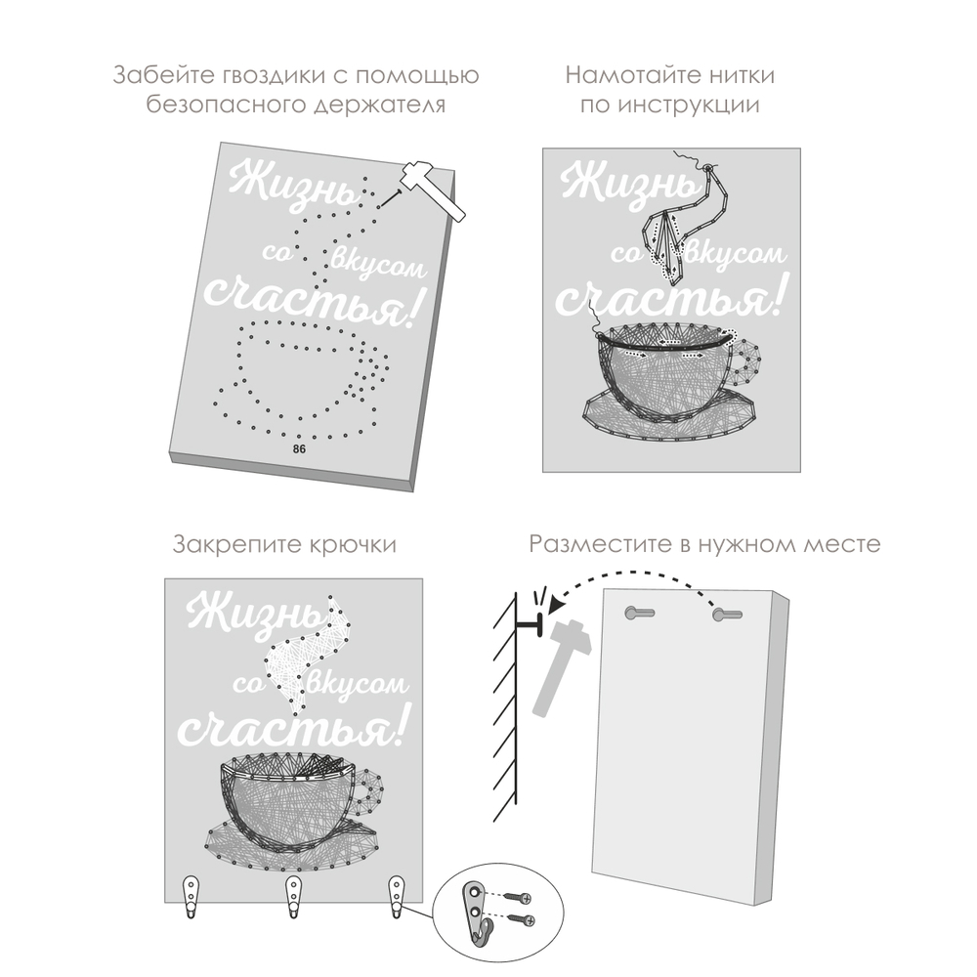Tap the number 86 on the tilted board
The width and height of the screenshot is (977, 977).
click(x=299, y=449)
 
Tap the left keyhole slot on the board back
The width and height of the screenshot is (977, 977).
click(x=639, y=614)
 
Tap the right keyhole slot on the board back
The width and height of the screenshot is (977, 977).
click(x=727, y=615)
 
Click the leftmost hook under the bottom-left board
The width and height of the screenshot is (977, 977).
click(x=191, y=896)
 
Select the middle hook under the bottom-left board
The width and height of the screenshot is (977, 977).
click(x=293, y=896)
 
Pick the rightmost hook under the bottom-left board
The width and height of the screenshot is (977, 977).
click(x=397, y=896)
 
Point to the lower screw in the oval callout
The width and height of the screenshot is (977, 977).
click(x=522, y=919)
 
